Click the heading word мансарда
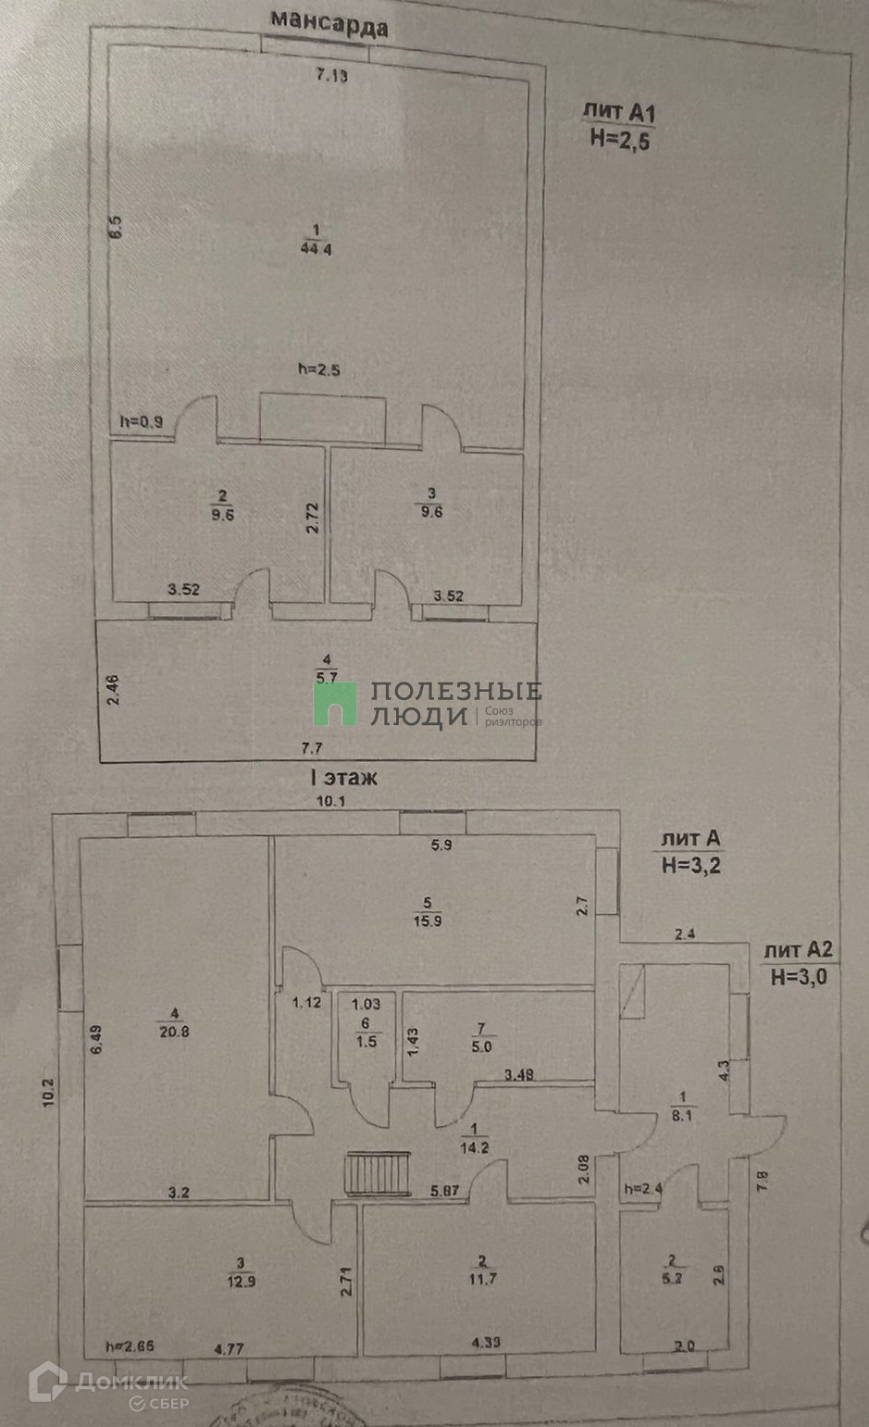click(x=329, y=24)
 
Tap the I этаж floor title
click(x=343, y=778)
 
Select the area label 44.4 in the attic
click(x=316, y=247)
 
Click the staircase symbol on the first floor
click(x=378, y=1173)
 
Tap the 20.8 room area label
click(x=173, y=1031)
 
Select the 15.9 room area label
click(x=428, y=920)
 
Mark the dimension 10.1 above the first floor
click(x=330, y=801)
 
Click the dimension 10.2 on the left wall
click(x=50, y=1093)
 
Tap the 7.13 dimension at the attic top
click(x=332, y=76)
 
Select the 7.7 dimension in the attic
click(x=313, y=747)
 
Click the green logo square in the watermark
click(x=334, y=704)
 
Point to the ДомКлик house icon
click(x=47, y=1382)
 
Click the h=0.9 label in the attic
click(x=142, y=421)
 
